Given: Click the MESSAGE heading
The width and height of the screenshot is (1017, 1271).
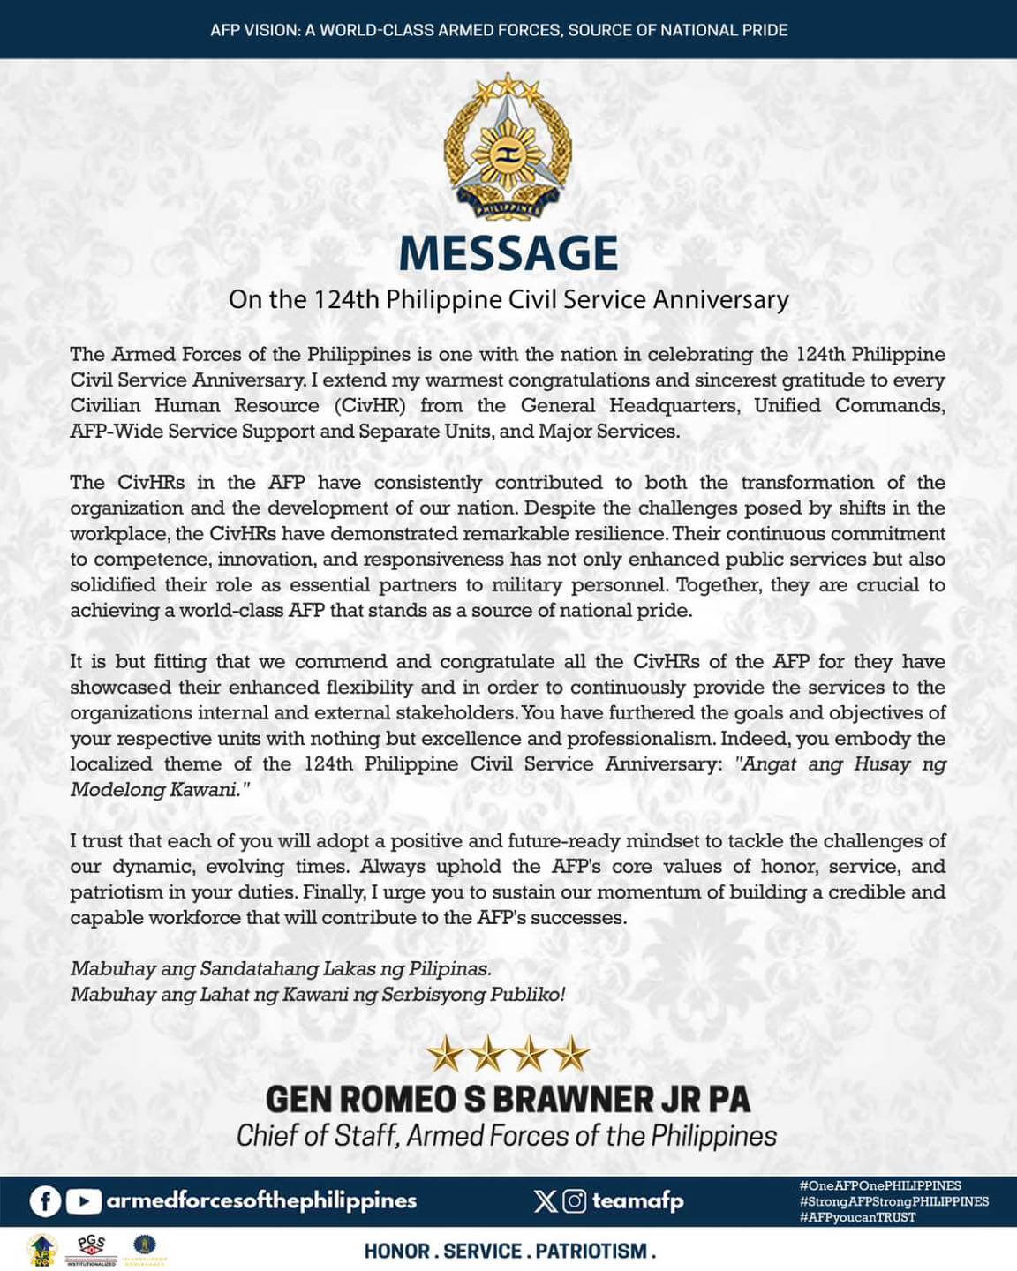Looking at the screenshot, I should pos(508,253).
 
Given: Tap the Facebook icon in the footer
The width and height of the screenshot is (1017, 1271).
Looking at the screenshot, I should pos(45,1201).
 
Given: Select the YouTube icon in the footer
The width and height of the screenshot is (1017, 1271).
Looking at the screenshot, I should pos(83,1201).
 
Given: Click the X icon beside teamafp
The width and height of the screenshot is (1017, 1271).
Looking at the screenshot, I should pos(545,1201).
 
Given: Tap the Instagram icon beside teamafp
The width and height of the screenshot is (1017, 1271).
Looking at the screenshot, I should pos(575,1201).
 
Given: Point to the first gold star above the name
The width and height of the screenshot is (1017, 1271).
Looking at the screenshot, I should pos(444,1054).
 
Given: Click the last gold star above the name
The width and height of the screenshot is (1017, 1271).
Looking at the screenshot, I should pos(572,1054).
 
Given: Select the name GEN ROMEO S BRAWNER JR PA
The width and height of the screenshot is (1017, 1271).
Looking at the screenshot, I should pos(508,1100).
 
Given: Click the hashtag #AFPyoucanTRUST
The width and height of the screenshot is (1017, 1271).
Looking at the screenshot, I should pos(857,1217).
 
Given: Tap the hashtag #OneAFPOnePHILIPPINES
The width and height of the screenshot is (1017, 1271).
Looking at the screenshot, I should pos(879,1185).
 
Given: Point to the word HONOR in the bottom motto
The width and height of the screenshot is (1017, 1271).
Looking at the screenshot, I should pos(396,1251).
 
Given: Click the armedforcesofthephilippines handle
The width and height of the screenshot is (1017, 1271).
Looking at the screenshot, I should pos(261,1201).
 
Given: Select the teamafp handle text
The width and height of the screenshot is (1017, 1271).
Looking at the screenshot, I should pos(637,1201).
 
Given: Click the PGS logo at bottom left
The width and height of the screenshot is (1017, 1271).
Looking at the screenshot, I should pos(91,1249).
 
